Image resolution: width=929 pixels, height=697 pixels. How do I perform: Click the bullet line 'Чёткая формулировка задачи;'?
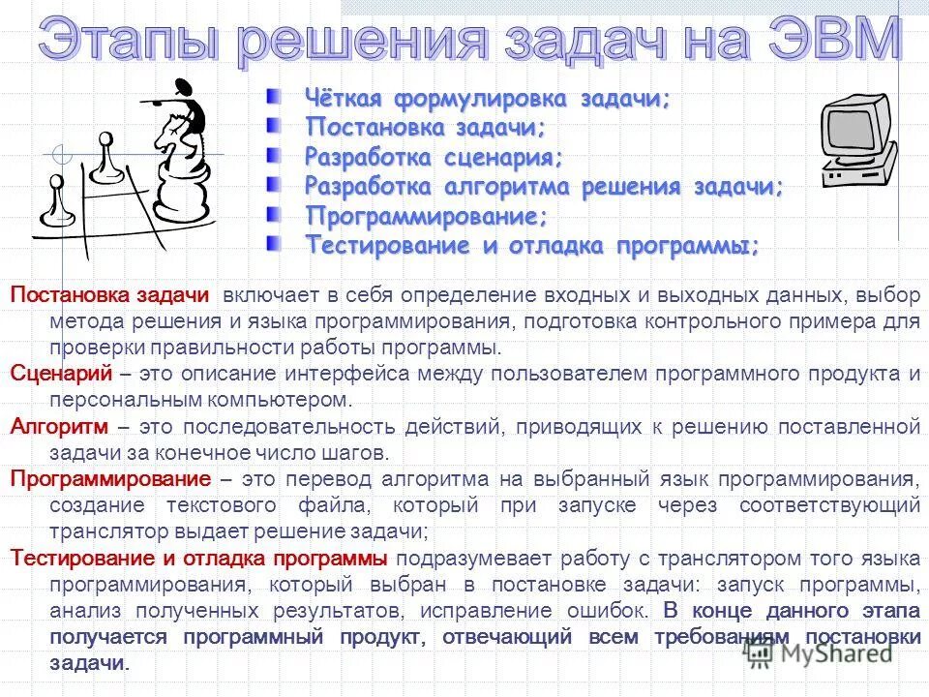tap(488, 99)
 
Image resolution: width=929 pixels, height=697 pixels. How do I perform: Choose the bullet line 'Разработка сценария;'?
tap(434, 157)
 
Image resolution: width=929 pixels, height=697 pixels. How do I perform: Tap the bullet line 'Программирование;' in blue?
tap(427, 215)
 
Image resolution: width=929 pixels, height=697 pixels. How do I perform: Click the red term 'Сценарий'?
tap(61, 374)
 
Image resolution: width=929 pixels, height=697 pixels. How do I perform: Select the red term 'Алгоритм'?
tap(59, 426)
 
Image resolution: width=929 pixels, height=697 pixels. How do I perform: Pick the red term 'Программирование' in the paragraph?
tap(109, 479)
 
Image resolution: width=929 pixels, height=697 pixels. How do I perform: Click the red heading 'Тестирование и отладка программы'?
tap(198, 559)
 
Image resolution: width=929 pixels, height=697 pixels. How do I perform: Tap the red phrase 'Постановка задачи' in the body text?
tap(108, 295)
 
